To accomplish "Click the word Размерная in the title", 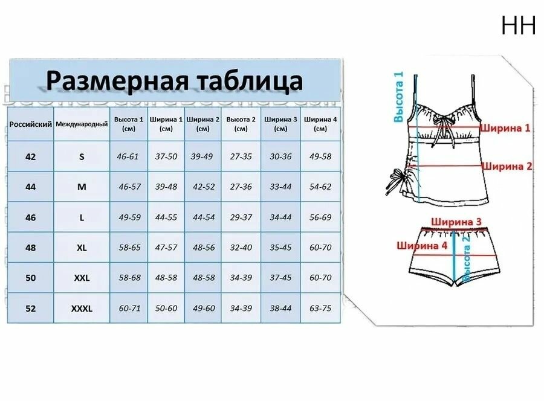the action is tap(117, 80).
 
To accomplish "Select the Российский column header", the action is tap(31, 124).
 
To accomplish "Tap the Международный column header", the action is tap(82, 124).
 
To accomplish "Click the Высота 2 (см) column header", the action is tap(241, 124).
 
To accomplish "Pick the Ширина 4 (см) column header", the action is tap(320, 124).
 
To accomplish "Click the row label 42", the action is tap(31, 156).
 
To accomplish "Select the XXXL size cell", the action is tap(82, 309).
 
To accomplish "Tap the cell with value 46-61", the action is tap(128, 156).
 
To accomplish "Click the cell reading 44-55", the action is tap(166, 217).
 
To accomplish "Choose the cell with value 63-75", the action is tap(320, 308).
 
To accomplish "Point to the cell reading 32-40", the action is tap(241, 248).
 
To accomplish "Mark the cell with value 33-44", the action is tap(280, 187).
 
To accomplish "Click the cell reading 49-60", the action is tap(204, 308).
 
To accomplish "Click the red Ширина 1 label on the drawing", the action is tap(505, 128).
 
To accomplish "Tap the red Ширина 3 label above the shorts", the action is tap(456, 222).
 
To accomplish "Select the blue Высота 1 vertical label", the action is tap(399, 97).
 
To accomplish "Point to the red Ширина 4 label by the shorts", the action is tap(422, 246).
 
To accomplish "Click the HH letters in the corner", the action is tap(519, 25).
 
